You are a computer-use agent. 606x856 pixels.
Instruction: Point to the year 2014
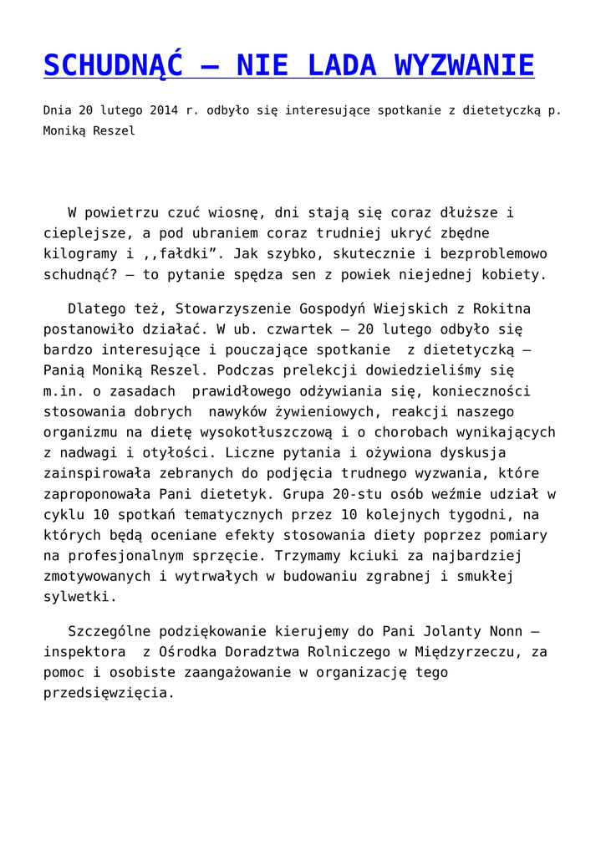[166, 110]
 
